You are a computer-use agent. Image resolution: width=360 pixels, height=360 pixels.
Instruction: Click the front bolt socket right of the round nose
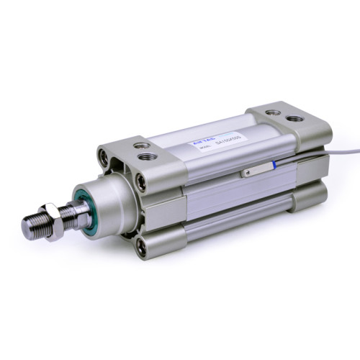(x=141, y=182)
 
